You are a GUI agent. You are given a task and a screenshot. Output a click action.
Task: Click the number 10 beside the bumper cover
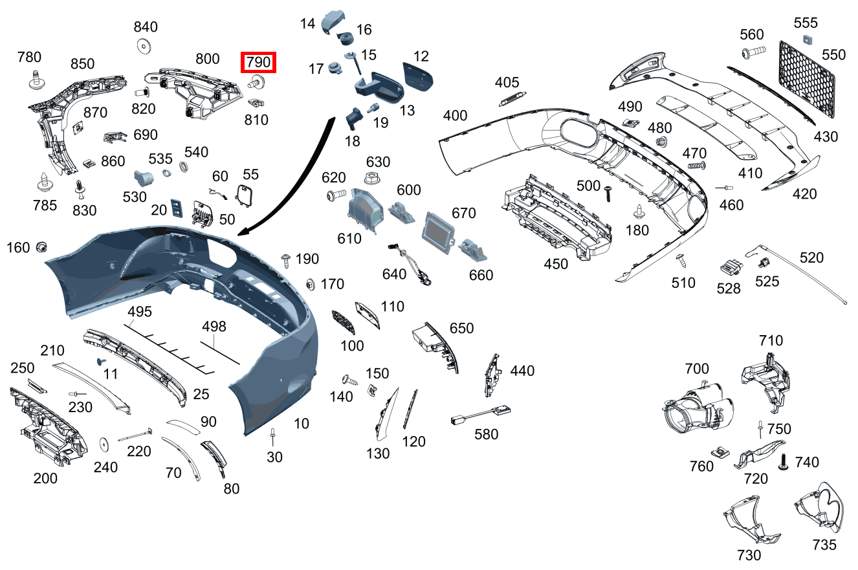pyautogui.click(x=301, y=424)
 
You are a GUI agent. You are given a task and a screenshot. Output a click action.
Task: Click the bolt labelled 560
pyautogui.click(x=753, y=50)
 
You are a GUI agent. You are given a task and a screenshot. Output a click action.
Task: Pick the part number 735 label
pyautogui.click(x=824, y=545)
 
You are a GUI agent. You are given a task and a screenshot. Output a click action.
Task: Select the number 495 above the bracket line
pyautogui.click(x=139, y=312)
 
